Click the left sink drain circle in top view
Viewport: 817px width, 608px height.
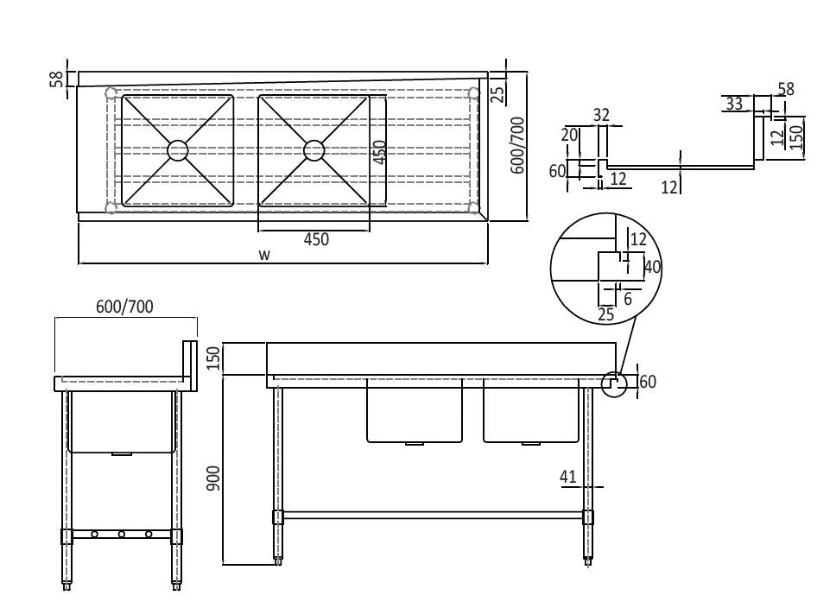click(177, 150)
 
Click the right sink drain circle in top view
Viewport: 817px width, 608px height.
click(313, 150)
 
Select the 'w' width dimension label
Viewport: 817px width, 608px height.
click(265, 254)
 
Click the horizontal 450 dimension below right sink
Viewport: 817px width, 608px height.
click(316, 240)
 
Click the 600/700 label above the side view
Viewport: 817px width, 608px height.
click(125, 306)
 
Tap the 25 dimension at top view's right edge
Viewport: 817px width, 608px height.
click(497, 93)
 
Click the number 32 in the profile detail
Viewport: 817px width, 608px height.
click(602, 114)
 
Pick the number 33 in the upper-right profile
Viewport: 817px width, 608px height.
click(734, 104)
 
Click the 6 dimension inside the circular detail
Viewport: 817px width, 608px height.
click(628, 298)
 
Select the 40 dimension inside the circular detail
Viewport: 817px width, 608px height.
click(652, 268)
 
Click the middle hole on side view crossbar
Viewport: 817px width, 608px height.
click(122, 535)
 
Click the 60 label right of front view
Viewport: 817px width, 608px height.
click(648, 382)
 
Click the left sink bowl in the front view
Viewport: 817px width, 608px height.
click(415, 410)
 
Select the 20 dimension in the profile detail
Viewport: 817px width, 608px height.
click(568, 135)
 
